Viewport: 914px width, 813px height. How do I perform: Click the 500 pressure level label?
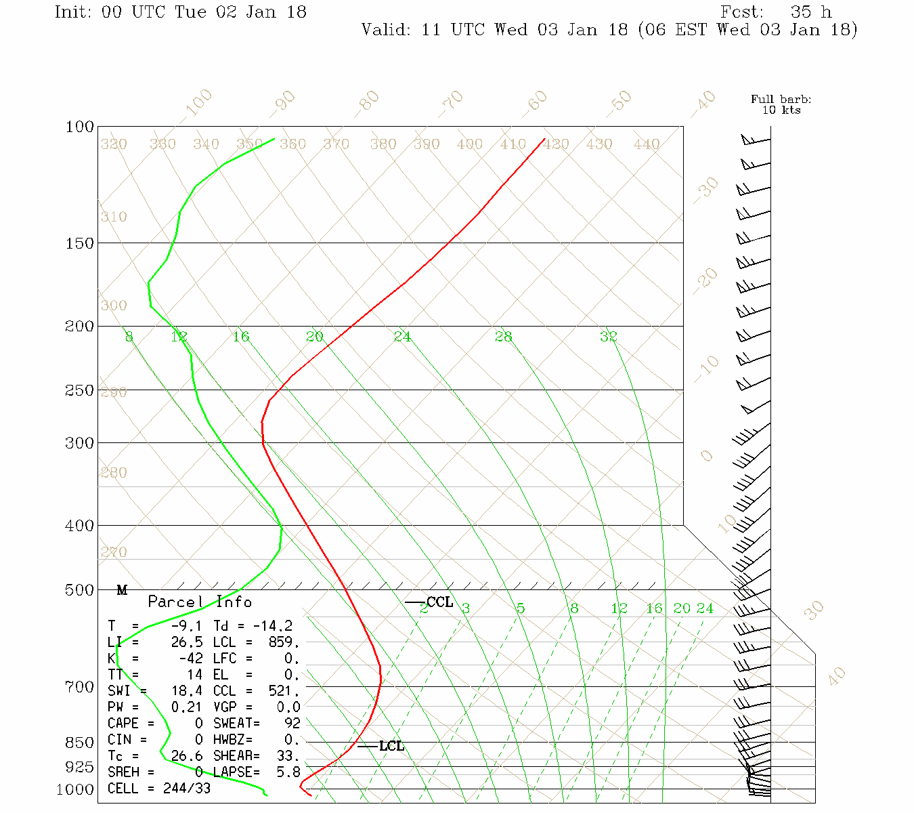tap(80, 590)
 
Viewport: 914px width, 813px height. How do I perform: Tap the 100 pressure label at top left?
tap(80, 127)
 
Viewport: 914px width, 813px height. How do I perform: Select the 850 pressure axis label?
tap(80, 743)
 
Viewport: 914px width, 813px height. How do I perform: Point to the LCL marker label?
tap(391, 747)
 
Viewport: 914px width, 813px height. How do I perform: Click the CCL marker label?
tap(439, 602)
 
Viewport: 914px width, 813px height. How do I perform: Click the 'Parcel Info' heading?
tap(200, 602)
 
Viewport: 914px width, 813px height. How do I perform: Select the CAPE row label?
tap(123, 724)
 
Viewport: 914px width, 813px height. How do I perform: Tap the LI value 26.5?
tap(187, 642)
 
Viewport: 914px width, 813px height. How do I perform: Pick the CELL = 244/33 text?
tap(159, 789)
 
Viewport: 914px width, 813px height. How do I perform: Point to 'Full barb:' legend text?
tap(781, 100)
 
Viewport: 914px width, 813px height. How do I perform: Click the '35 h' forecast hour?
tap(810, 12)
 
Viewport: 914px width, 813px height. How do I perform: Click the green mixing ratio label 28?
tap(503, 337)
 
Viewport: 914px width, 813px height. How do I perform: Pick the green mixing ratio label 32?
tap(608, 337)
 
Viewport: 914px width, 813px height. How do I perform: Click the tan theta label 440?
tap(647, 144)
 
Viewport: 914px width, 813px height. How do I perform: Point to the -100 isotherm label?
tap(198, 103)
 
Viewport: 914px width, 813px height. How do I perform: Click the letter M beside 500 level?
tap(122, 590)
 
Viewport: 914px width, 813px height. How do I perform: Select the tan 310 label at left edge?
tap(114, 217)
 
